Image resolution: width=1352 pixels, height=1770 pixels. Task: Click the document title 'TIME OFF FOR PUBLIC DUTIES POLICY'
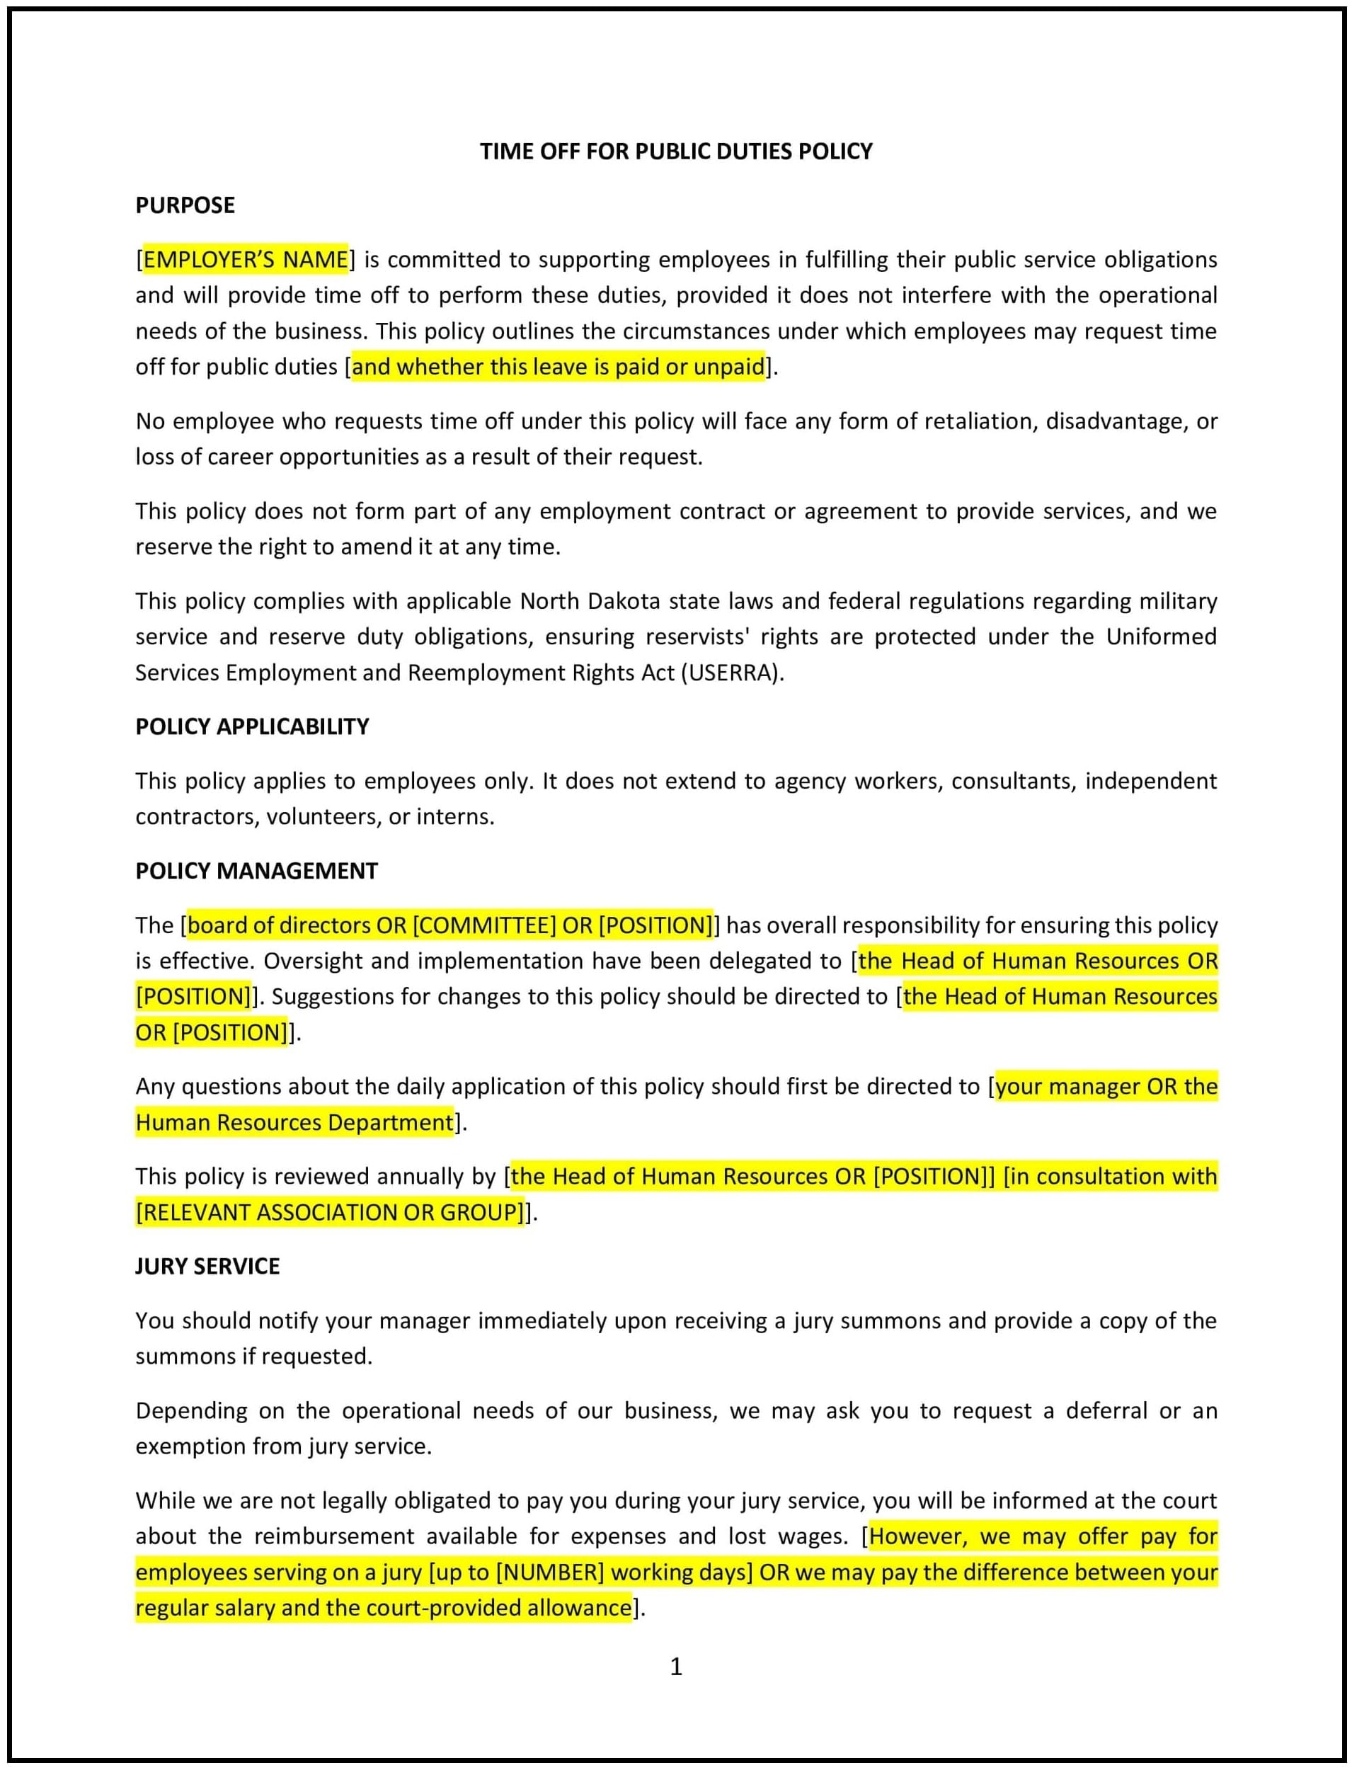pyautogui.click(x=676, y=152)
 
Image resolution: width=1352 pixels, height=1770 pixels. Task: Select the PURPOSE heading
pyautogui.click(x=185, y=205)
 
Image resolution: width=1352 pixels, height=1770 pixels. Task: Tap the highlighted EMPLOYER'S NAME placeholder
pyautogui.click(x=246, y=260)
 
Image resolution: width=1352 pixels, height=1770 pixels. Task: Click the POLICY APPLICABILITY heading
pyautogui.click(x=252, y=727)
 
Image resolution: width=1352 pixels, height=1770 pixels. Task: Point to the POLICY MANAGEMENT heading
pyautogui.click(x=256, y=871)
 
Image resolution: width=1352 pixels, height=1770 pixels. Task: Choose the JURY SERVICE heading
pyautogui.click(x=207, y=1266)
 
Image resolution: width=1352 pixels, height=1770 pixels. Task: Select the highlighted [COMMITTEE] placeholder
pyautogui.click(x=483, y=925)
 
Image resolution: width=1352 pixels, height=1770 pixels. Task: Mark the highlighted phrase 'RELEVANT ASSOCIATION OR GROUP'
pyautogui.click(x=330, y=1212)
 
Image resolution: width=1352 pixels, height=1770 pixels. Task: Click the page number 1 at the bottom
pyautogui.click(x=676, y=1666)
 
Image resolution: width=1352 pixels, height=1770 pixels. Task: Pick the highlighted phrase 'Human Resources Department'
pyautogui.click(x=294, y=1123)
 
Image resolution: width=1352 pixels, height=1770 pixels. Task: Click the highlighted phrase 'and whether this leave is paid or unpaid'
pyautogui.click(x=558, y=367)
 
